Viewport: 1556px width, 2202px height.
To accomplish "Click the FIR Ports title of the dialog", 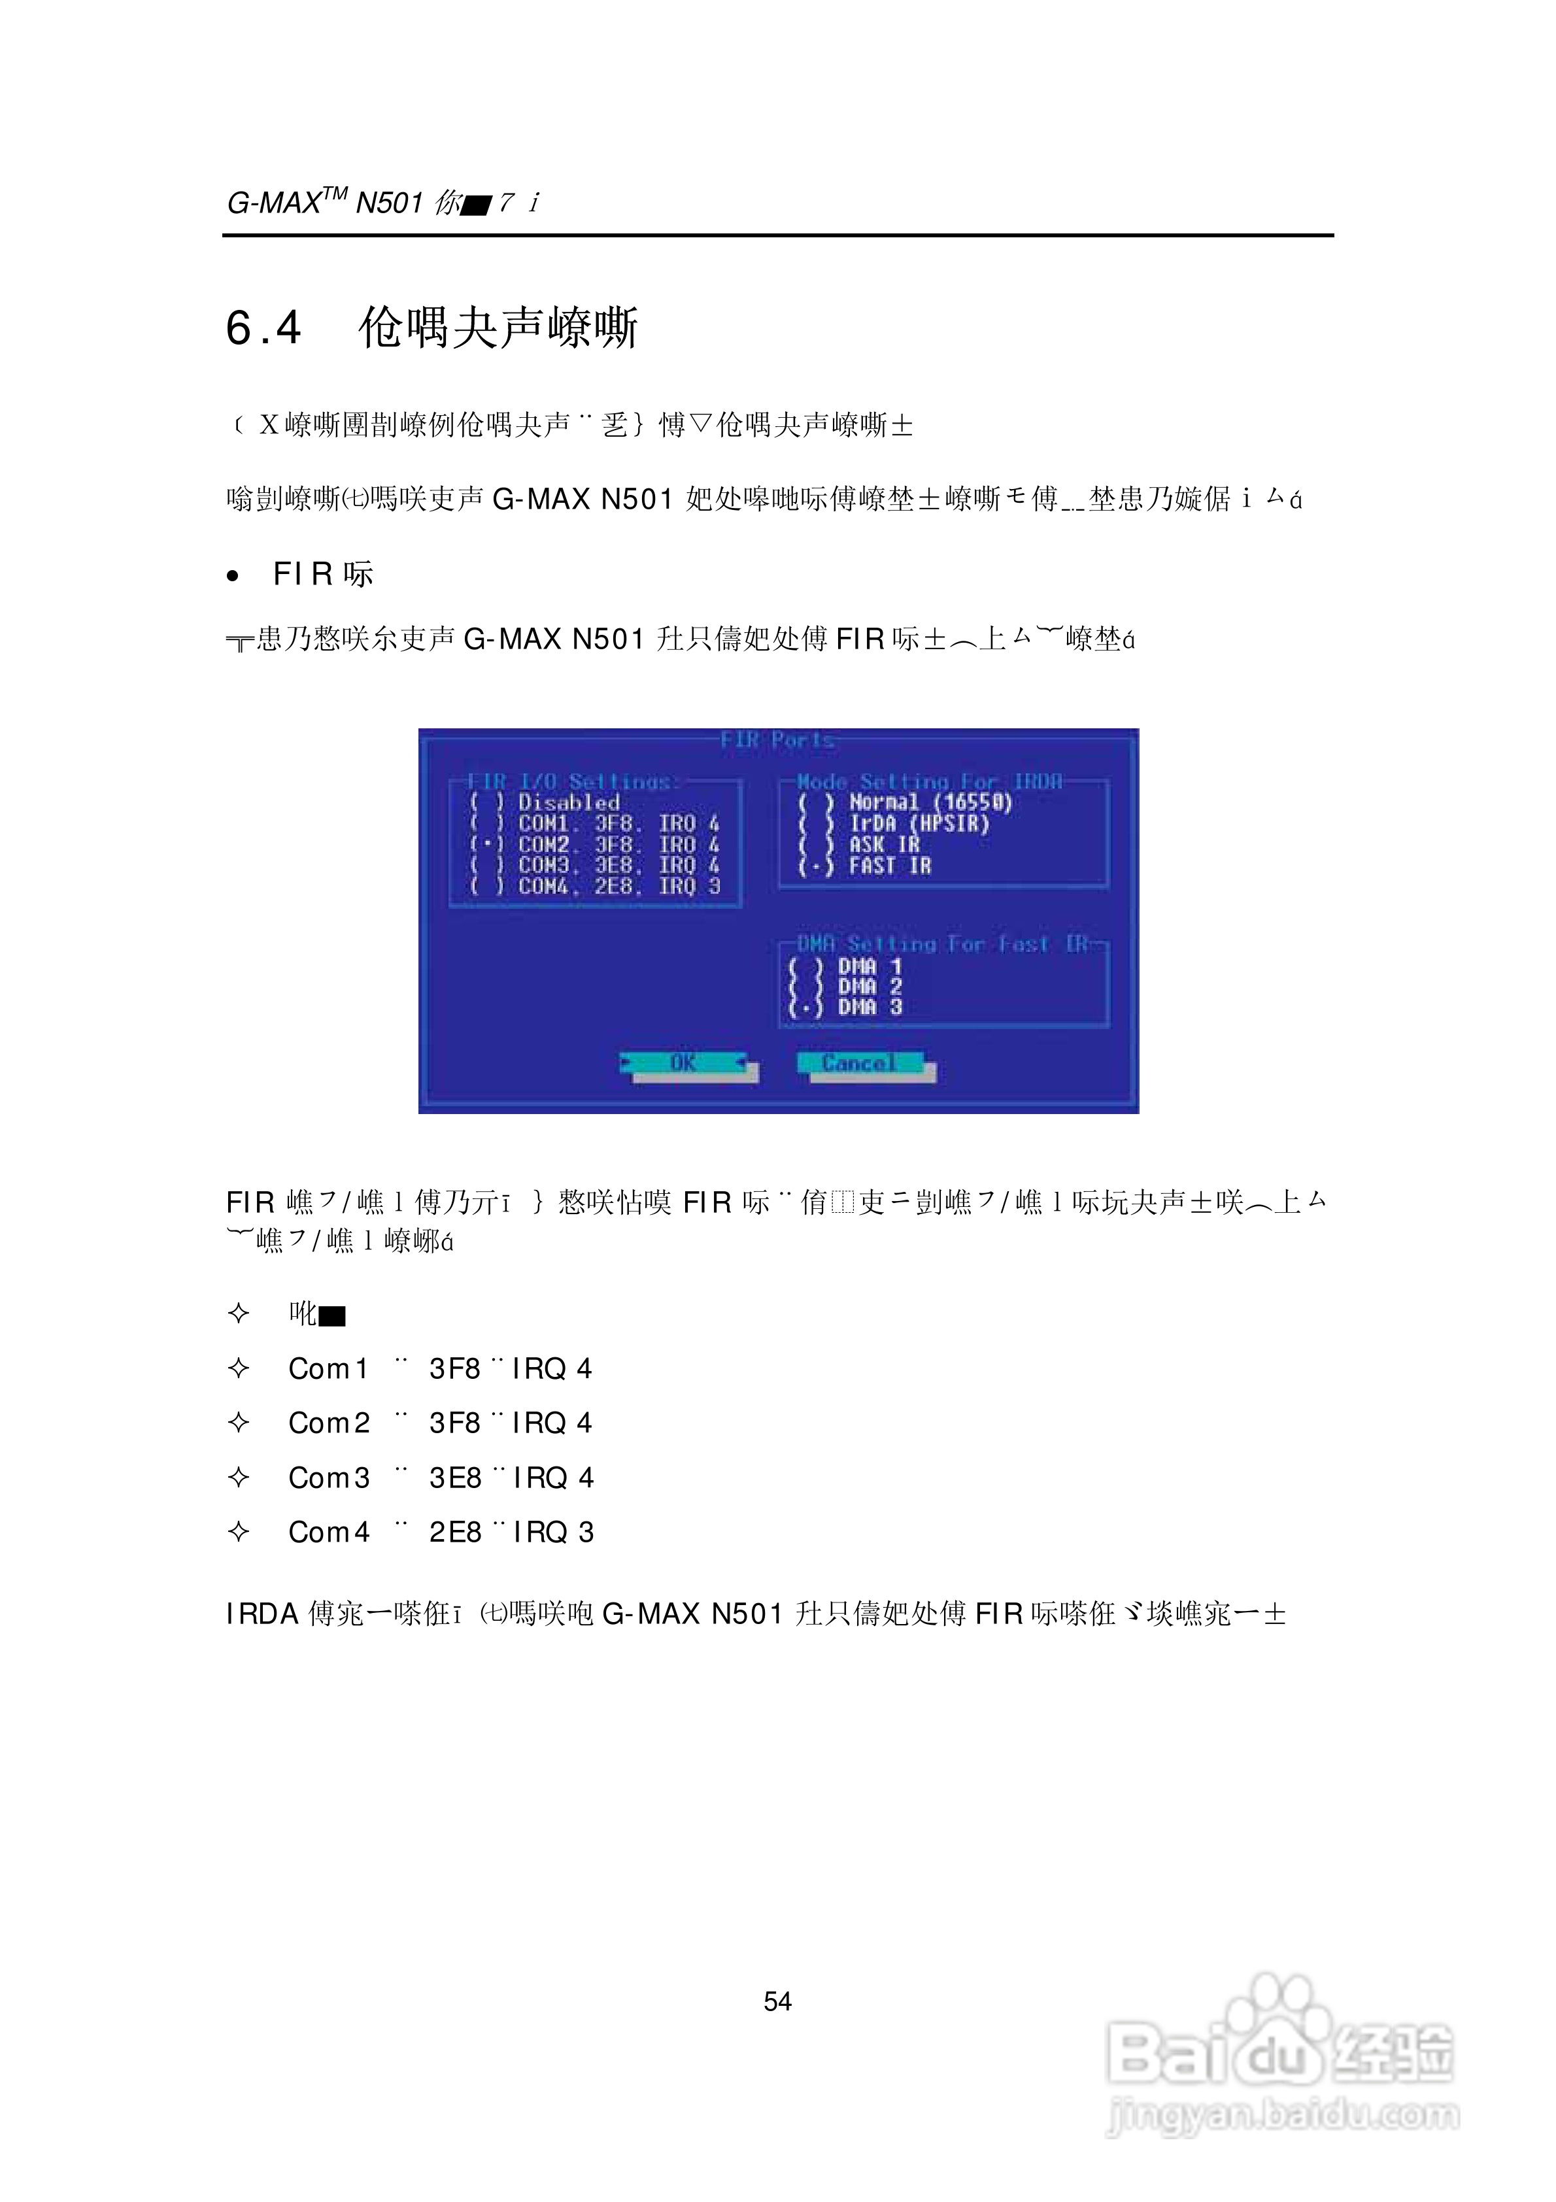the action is tap(777, 740).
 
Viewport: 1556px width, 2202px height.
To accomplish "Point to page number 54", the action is tap(777, 2001).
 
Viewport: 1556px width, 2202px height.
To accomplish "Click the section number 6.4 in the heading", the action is tap(263, 328).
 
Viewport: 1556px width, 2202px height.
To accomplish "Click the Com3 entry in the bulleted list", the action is tap(329, 1478).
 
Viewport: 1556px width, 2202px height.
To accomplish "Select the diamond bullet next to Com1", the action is tap(239, 1368).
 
